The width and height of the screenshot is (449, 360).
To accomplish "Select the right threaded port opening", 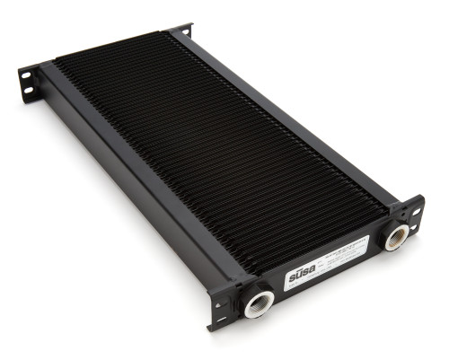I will tap(396, 237).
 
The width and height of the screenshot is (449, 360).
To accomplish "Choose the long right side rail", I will tap(296, 117).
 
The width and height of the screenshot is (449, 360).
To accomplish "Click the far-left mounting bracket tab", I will tap(29, 81).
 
